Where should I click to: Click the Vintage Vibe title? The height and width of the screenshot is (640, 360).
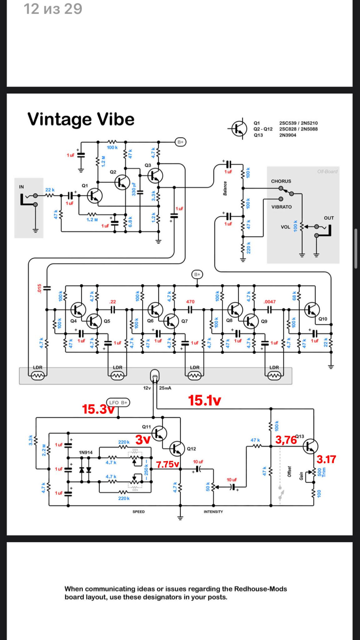pos(81,119)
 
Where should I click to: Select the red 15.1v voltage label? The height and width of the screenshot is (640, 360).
pos(205,400)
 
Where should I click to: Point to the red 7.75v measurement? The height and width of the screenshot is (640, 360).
pos(167,464)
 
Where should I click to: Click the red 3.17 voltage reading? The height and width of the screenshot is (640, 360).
pos(326,459)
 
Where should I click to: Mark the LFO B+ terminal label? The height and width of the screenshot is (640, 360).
pos(118,402)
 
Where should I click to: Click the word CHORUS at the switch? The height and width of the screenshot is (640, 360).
pos(281,181)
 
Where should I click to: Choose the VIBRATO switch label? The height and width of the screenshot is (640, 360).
pos(282,207)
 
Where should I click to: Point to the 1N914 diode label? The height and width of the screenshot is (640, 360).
pos(86,452)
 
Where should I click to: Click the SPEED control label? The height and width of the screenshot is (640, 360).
pos(138,512)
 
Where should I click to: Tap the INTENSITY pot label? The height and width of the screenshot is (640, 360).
pos(213,512)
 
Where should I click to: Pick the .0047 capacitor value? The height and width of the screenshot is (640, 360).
pos(269,302)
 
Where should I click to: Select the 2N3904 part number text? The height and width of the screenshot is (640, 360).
pos(287,135)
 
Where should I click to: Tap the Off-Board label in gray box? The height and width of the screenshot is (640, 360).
pos(327,171)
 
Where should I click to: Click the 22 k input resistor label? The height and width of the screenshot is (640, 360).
pos(50,190)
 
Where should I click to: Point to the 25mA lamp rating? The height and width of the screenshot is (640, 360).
pos(165,388)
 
